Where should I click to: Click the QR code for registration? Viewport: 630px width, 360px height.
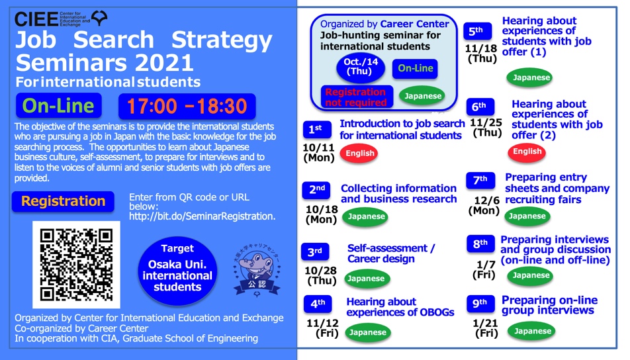76,265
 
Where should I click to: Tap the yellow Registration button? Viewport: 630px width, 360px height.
63,201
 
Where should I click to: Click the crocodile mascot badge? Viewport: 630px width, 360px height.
257,271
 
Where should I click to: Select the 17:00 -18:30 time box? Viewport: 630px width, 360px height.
187,107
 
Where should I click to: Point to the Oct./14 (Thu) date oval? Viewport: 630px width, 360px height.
361,67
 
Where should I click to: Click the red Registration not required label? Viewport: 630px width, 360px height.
357,97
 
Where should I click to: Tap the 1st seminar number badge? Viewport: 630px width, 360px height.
317,130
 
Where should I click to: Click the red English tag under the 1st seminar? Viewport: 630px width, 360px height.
359,154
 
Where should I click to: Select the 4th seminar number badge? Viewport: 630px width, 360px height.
318,304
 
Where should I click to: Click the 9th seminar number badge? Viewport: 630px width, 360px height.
480,303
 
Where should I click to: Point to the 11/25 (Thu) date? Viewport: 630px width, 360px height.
486,127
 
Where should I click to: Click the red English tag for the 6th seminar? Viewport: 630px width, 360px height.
527,152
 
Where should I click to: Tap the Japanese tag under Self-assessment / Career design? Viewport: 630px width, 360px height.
366,279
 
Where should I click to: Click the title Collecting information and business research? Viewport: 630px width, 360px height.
398,194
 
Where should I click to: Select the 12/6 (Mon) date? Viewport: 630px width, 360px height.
484,205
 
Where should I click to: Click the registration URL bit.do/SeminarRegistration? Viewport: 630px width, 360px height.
202,216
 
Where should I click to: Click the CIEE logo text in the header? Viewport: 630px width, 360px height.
36,19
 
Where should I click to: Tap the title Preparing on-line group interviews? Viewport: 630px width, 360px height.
549,305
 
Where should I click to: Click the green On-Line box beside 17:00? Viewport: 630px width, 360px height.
59,106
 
